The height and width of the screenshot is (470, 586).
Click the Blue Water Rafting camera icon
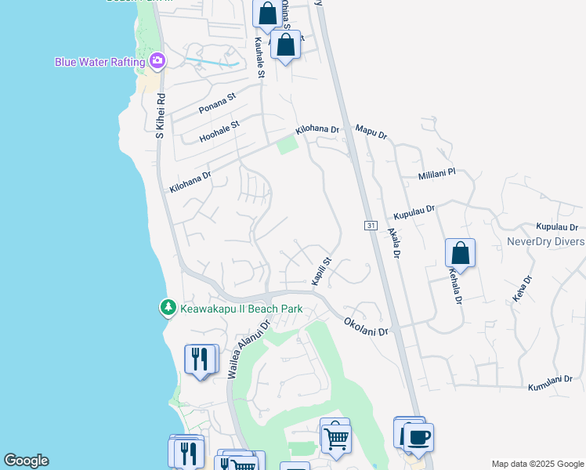coord(157,60)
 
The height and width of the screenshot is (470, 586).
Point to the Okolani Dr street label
coord(366,327)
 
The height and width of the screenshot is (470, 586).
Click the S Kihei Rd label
coord(160,117)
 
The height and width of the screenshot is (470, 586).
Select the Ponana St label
coord(217,103)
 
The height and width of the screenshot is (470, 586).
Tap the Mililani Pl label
coord(436,175)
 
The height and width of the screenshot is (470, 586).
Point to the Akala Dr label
coord(393,243)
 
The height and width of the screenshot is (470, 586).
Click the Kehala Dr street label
coord(454,287)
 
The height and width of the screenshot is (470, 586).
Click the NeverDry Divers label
coord(545,241)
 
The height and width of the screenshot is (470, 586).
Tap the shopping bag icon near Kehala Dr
coord(460,254)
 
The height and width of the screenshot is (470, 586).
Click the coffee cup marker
coord(418,436)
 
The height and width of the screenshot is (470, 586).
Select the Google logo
coord(26,461)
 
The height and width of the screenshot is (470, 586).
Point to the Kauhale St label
coord(259,59)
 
